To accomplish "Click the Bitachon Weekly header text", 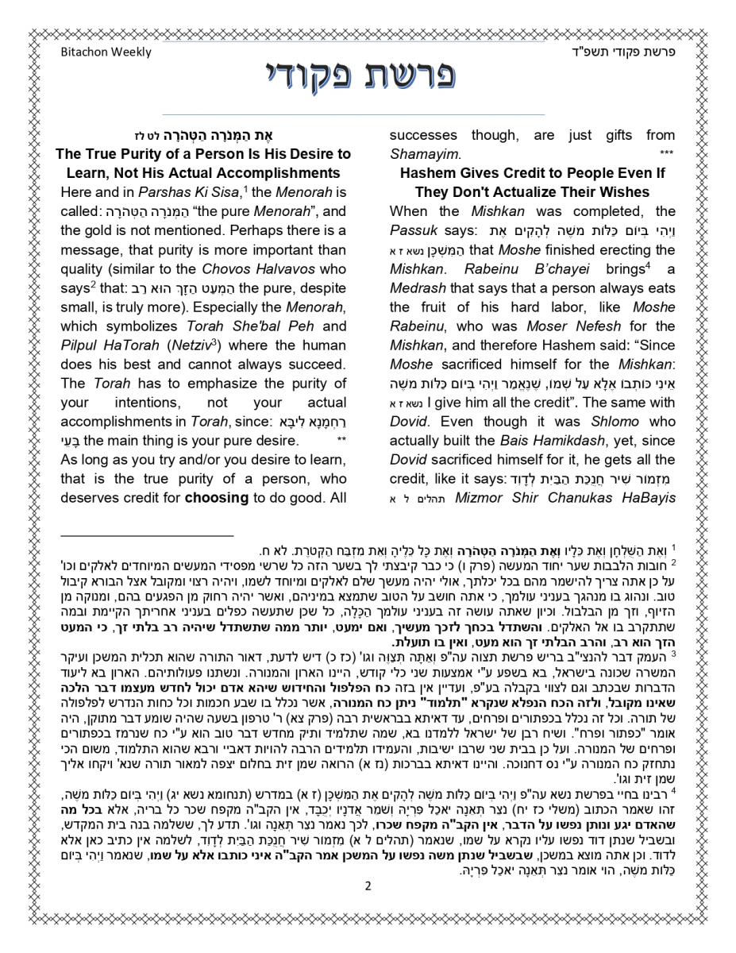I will [x=106, y=52].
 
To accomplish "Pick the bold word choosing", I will [x=216, y=498].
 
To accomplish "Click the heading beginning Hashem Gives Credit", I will [x=532, y=173].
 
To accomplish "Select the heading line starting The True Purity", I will [x=203, y=154].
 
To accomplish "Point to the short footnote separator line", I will [x=147, y=536].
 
